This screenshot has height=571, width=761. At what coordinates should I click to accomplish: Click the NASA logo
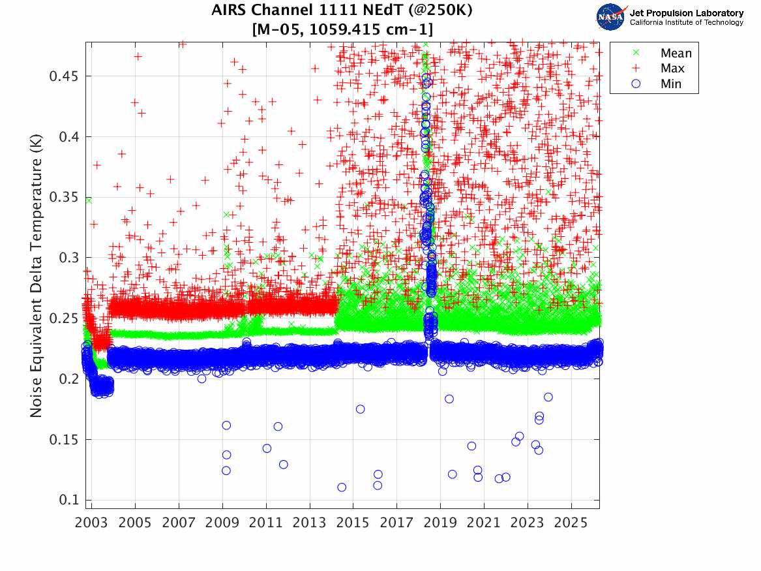(x=612, y=16)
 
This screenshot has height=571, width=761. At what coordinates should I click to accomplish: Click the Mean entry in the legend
(x=676, y=54)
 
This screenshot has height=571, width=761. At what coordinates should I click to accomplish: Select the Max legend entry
(x=672, y=69)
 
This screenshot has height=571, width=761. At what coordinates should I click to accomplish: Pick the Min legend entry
(x=671, y=84)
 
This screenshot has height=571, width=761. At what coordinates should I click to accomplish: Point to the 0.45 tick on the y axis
(x=64, y=76)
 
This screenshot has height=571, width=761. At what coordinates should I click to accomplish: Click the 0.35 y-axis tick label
(x=64, y=198)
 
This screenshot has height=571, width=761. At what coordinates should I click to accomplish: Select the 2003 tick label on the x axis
(x=91, y=523)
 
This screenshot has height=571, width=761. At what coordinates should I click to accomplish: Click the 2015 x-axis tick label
(x=353, y=523)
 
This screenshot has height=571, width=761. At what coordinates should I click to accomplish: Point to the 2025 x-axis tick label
(x=571, y=523)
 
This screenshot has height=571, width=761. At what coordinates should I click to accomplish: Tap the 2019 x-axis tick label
(x=440, y=523)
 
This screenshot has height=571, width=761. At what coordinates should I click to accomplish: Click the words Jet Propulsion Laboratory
(x=686, y=13)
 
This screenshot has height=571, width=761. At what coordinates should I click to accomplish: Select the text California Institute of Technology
(x=686, y=23)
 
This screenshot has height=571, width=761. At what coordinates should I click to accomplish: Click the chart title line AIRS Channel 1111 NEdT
(x=342, y=11)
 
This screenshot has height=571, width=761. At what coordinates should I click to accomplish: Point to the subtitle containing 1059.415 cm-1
(x=342, y=29)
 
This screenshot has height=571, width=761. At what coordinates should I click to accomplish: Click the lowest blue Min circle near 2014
(x=342, y=487)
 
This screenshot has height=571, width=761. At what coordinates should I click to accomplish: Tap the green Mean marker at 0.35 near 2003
(x=88, y=200)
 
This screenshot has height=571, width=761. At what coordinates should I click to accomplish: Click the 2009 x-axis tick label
(x=222, y=523)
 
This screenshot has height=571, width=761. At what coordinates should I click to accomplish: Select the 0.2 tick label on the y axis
(x=68, y=378)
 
